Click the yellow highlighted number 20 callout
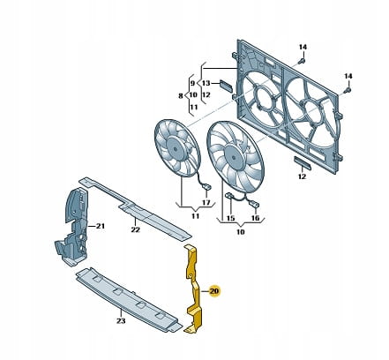tap(214, 291)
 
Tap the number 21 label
tap(101, 226)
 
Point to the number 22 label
tap(135, 229)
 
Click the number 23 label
tap(121, 320)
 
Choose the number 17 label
tap(206, 203)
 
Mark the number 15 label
tap(231, 218)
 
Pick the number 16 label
tap(256, 218)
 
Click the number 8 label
tap(181, 96)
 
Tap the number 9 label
tap(192, 83)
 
